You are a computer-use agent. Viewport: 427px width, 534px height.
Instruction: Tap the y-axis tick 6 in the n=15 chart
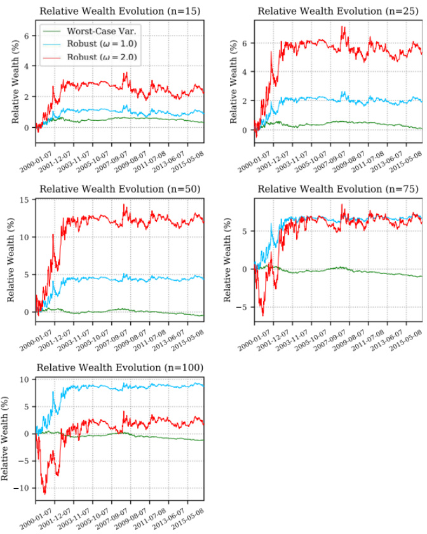26,36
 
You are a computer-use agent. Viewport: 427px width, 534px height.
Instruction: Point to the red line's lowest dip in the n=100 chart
44,493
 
